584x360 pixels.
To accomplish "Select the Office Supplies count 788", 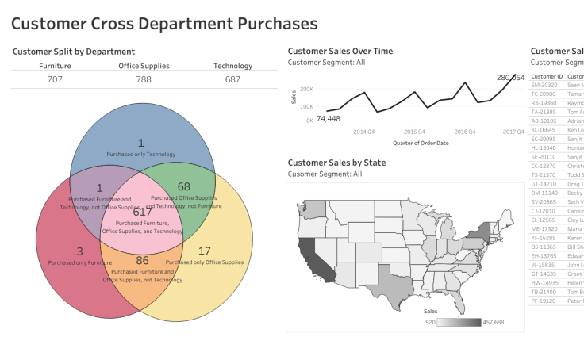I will [x=144, y=79].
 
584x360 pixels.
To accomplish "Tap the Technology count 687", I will [x=232, y=79].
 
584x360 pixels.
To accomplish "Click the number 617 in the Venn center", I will [x=142, y=212].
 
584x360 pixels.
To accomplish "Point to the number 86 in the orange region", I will [x=143, y=260].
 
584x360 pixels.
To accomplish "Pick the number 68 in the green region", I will [x=184, y=186].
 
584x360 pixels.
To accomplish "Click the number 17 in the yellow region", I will [x=204, y=251].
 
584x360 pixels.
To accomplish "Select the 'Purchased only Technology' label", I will [x=141, y=154].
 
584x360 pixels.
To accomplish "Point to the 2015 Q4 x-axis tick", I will [x=415, y=132].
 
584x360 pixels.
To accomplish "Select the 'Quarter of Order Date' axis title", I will [x=420, y=143].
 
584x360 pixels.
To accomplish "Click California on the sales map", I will [x=310, y=253].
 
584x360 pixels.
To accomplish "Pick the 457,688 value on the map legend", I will [x=498, y=323].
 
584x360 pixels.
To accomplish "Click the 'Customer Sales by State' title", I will [x=336, y=163].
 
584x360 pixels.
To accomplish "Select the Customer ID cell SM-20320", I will [x=546, y=84].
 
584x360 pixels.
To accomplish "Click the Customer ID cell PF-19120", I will [x=546, y=301].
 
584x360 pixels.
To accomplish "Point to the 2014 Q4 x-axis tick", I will [x=365, y=132].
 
